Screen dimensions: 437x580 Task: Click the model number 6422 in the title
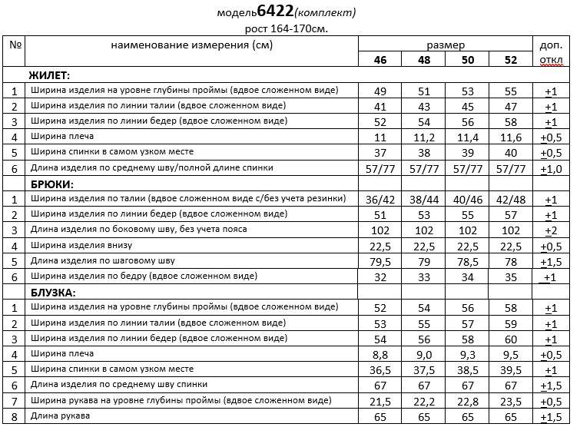coord(277,12)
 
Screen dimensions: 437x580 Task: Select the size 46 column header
coord(380,60)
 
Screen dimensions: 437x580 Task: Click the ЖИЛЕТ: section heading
coord(48,75)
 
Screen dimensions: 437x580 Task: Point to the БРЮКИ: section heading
coord(51,184)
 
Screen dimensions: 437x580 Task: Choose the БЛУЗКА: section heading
coord(53,293)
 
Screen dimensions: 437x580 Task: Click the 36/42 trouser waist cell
coord(379,199)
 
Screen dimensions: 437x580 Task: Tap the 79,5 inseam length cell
coord(379,261)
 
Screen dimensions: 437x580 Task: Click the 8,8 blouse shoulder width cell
coord(379,354)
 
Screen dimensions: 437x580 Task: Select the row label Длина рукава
coord(61,416)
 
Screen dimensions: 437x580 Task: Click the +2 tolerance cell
coord(550,230)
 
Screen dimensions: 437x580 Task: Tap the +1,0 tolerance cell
coord(550,167)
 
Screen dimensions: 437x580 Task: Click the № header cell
coord(15,45)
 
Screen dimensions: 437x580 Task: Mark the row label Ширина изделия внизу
coord(82,246)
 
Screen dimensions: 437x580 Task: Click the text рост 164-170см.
coord(285,29)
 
